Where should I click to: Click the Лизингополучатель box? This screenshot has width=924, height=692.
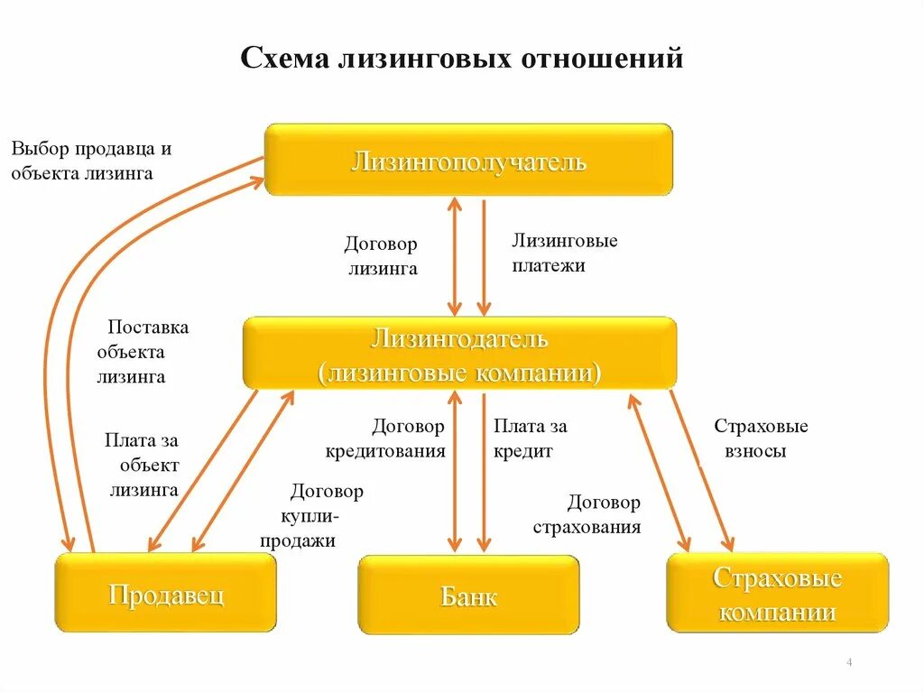pos(468,160)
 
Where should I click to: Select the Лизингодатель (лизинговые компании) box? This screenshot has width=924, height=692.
pos(459,354)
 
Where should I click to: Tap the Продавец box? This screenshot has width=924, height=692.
pos(166,594)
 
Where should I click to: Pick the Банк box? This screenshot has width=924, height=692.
pos(468,595)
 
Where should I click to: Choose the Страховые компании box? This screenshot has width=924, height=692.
pos(777,593)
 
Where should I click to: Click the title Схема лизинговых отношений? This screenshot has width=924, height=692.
pos(462,59)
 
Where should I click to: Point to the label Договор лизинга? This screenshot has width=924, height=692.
pos(381,256)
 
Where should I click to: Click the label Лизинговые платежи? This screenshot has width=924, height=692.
pos(564,254)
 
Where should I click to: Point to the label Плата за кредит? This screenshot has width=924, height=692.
pos(530,438)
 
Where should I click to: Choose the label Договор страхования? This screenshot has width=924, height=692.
pos(587,515)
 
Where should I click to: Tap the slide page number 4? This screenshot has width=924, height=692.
pos(850,664)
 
